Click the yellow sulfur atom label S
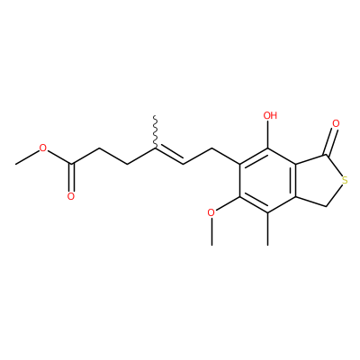pos(345,181)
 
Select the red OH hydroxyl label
pos(270,115)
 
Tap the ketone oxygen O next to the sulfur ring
pos(336,123)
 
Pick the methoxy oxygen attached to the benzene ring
pos(211,212)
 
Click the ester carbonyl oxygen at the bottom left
pos(71,197)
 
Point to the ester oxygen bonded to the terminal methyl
pos(43,148)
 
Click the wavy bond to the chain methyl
pos(155,131)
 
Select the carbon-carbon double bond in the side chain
pos(169,156)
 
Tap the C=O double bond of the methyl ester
pos(71,177)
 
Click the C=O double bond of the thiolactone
pos(331,142)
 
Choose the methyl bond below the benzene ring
pos(268,229)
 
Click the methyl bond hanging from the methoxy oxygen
pos(211,231)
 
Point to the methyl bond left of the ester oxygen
pos(27,157)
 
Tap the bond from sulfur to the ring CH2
pos(334,195)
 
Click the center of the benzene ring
pos(268,180)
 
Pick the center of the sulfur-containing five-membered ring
pos(319,181)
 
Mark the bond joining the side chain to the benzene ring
pos(226,156)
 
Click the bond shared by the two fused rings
pos(296,180)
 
